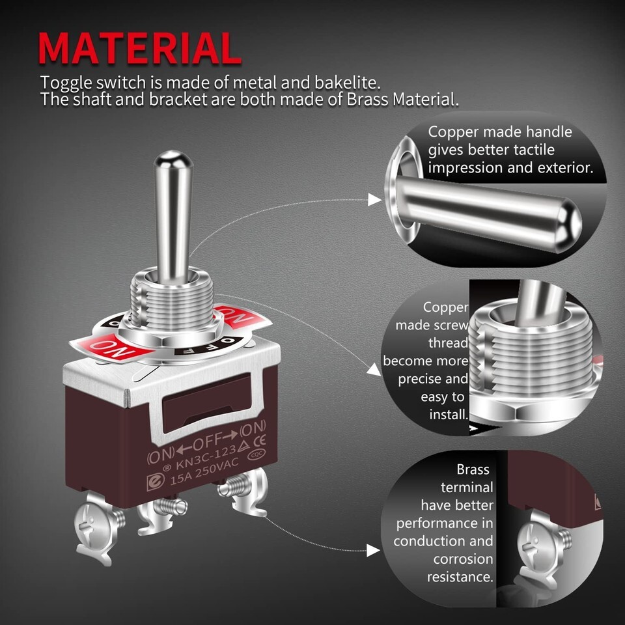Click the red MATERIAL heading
click(x=139, y=48)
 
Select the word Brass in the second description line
click(x=367, y=99)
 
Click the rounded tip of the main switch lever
click(x=173, y=159)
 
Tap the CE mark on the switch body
click(x=260, y=441)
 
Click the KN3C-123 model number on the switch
click(x=206, y=457)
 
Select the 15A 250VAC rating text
click(x=204, y=471)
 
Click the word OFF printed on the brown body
click(x=207, y=441)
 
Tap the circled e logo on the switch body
click(x=155, y=482)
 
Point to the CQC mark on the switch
click(x=256, y=454)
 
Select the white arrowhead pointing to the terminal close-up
click(x=373, y=551)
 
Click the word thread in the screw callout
click(x=448, y=343)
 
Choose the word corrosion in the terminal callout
click(x=463, y=559)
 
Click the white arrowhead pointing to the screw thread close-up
click(x=374, y=370)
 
